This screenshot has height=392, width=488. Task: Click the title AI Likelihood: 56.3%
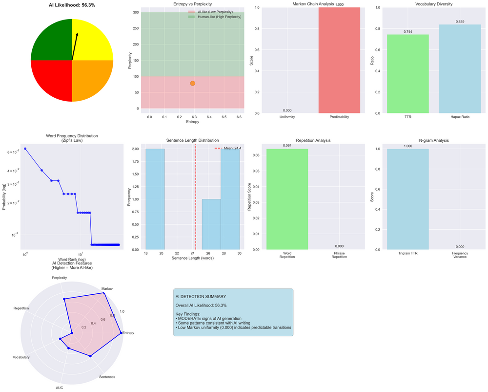point(72,5)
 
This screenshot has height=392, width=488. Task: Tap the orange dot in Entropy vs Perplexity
point(193,84)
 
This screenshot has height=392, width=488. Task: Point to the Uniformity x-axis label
point(287,117)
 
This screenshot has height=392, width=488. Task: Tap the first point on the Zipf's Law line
point(25,149)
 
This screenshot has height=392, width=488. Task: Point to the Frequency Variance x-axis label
point(460,256)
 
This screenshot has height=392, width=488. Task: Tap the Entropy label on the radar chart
point(127,333)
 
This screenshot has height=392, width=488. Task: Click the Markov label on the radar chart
point(107,289)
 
